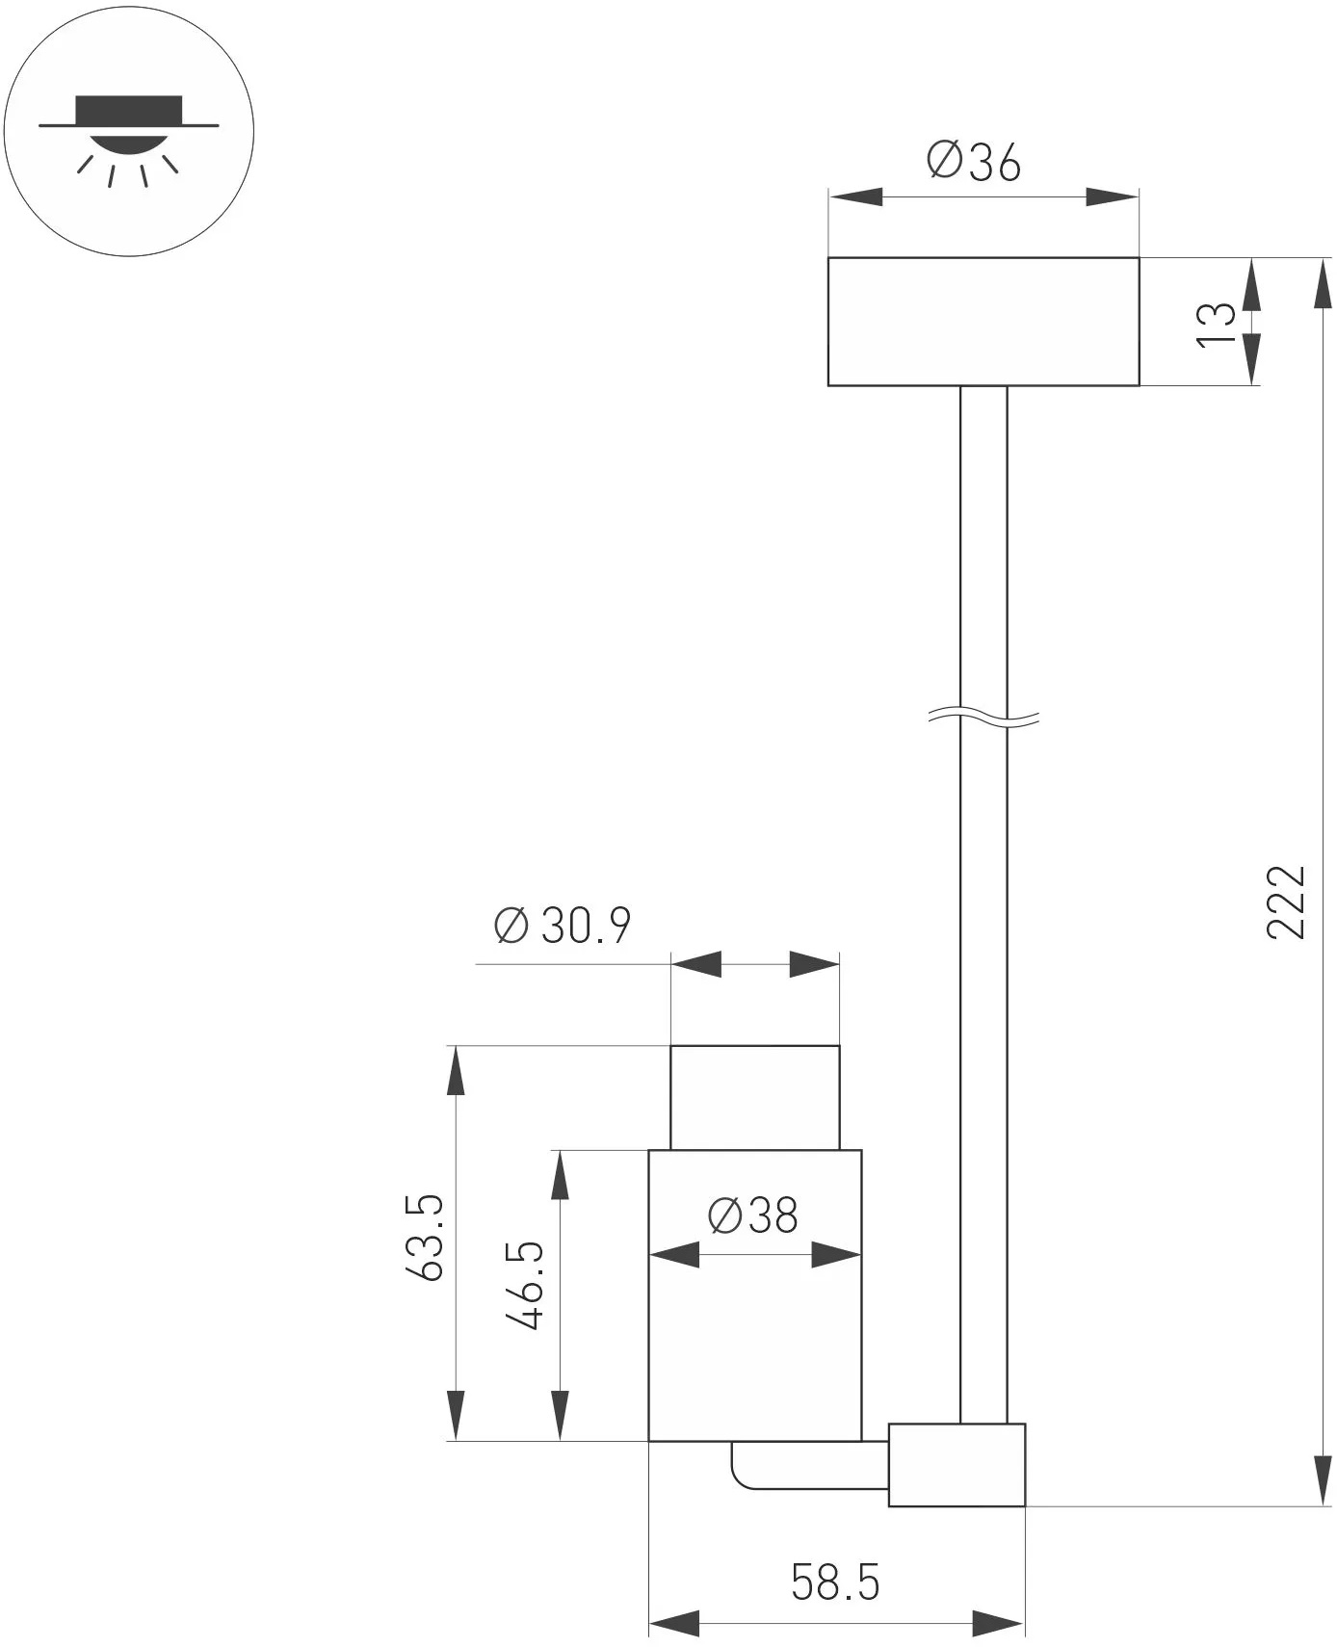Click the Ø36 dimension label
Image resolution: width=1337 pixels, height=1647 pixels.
click(973, 162)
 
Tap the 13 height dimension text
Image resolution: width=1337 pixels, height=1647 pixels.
click(1215, 325)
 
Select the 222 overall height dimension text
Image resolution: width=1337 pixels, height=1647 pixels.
click(1285, 902)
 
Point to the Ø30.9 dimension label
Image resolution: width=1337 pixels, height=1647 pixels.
click(563, 926)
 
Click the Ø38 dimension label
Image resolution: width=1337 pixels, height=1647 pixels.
click(753, 1216)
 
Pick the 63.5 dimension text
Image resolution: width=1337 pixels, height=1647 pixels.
click(424, 1237)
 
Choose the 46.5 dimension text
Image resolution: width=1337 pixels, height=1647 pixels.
click(526, 1286)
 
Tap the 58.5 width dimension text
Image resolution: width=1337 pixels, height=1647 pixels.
click(835, 1582)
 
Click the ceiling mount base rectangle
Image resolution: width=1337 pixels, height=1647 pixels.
click(983, 322)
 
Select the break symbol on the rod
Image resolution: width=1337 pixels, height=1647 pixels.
click(983, 717)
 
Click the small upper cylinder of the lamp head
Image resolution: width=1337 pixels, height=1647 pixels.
click(754, 1097)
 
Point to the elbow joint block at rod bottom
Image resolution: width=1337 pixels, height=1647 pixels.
click(957, 1464)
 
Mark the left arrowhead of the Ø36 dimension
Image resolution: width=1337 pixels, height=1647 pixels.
click(855, 197)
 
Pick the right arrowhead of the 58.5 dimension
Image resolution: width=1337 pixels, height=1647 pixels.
click(998, 1624)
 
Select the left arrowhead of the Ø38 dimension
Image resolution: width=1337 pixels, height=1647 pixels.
click(674, 1254)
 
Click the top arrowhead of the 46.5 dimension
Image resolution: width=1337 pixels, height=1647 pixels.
click(560, 1174)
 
